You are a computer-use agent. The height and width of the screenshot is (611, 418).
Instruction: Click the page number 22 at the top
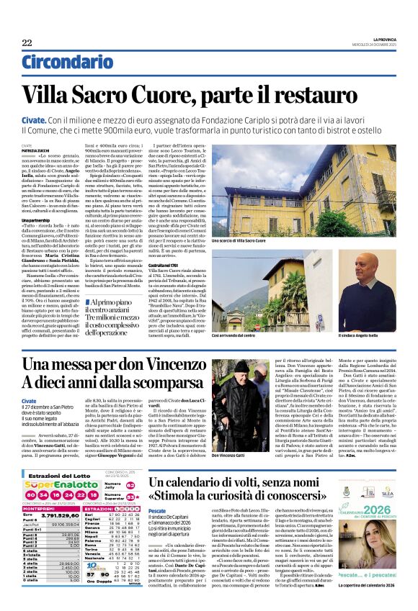tap(27, 43)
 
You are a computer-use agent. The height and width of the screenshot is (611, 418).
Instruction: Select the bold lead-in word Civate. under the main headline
tap(34, 117)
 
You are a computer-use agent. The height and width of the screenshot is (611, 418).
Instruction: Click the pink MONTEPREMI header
tap(35, 507)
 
